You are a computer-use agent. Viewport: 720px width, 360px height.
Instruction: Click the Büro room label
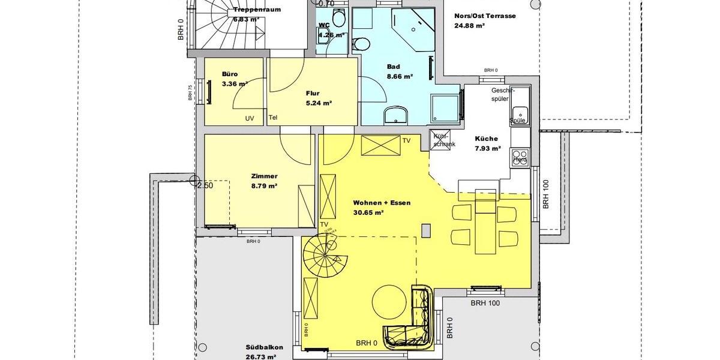pyautogui.click(x=214, y=74)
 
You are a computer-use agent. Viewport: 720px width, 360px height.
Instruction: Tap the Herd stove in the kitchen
pyautogui.click(x=520, y=158)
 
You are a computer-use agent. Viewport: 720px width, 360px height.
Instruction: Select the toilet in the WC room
pyautogui.click(x=340, y=19)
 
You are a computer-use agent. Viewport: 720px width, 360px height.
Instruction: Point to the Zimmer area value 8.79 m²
pyautogui.click(x=264, y=187)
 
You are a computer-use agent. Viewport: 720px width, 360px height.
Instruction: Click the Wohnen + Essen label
pyautogui.click(x=382, y=203)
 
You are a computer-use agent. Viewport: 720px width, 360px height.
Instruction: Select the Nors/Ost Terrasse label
pyautogui.click(x=485, y=16)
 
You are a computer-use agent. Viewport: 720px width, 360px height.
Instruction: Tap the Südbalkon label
pyautogui.click(x=264, y=347)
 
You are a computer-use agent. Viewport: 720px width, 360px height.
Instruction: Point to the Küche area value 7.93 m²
pyautogui.click(x=487, y=148)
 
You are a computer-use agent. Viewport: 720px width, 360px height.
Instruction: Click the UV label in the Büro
pyautogui.click(x=250, y=118)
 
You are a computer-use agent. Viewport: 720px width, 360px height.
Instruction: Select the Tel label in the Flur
pyautogui.click(x=273, y=117)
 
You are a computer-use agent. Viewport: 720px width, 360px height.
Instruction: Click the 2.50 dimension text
pyautogui.click(x=205, y=185)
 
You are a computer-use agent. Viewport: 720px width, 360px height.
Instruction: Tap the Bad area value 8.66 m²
pyautogui.click(x=400, y=76)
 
